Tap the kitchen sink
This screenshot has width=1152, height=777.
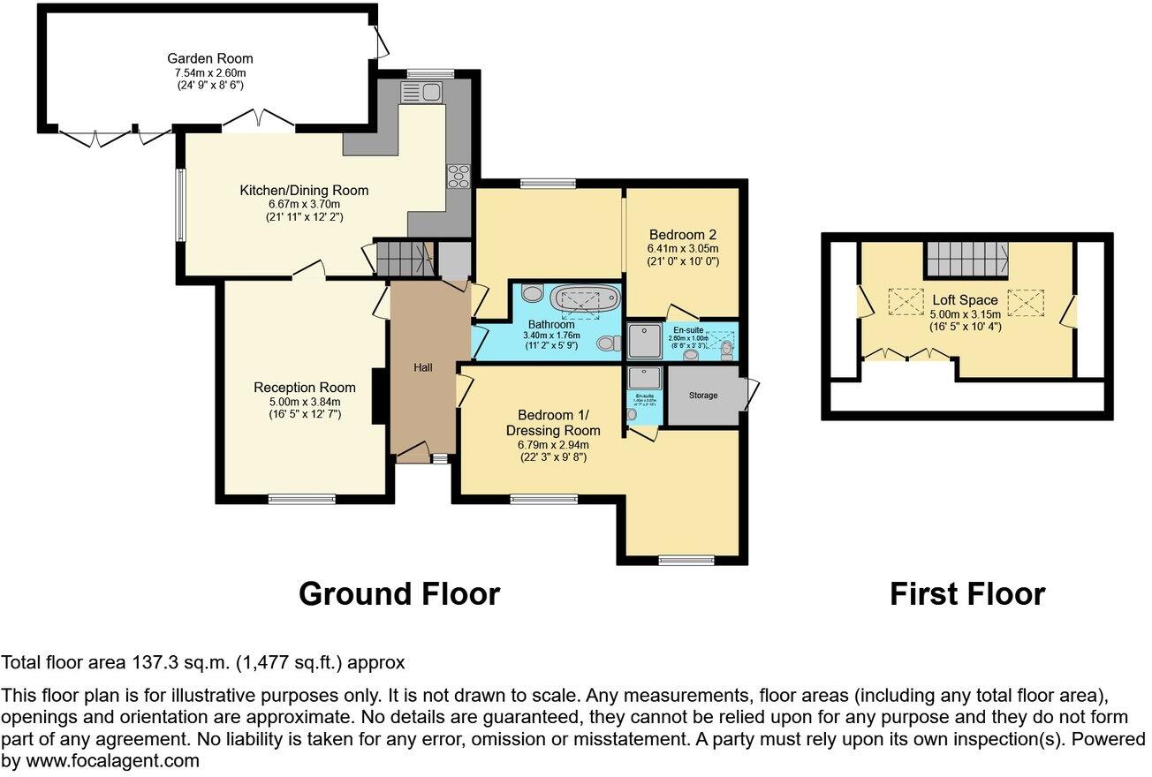point(421,92)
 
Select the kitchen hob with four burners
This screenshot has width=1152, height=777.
point(459,176)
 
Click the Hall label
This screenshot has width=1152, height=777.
point(423,367)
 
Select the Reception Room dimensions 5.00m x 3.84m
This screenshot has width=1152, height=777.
point(305,402)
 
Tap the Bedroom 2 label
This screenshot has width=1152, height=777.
point(682,235)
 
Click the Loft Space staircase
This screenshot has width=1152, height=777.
point(967,258)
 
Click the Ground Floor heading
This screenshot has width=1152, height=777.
point(398,594)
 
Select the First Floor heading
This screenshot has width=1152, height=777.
point(966,594)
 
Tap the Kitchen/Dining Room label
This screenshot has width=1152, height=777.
point(304,191)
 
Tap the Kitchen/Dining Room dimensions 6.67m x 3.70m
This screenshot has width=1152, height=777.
point(304,204)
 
